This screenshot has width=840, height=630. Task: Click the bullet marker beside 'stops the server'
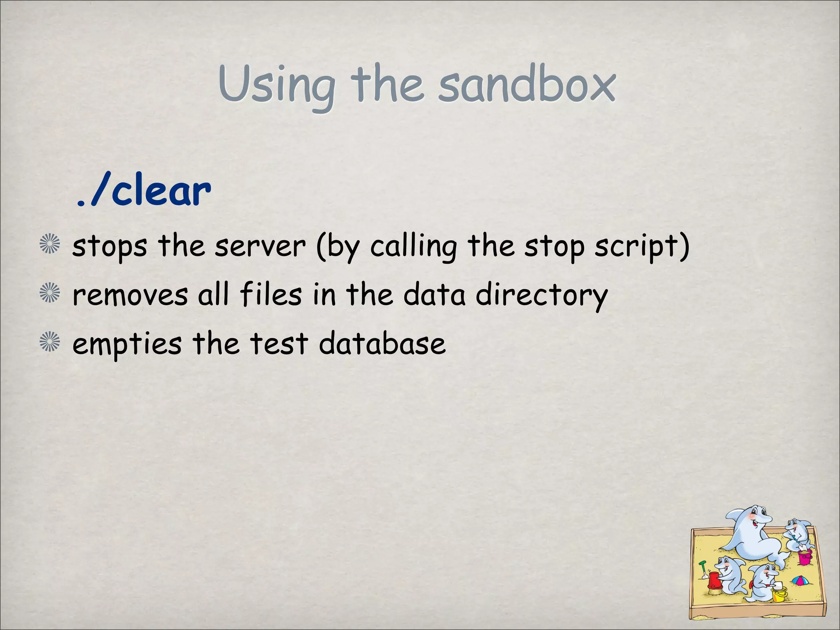[50, 244]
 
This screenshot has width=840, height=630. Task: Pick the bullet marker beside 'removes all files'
[50, 293]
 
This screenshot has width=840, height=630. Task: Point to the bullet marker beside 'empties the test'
[50, 342]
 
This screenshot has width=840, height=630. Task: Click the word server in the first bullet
[260, 246]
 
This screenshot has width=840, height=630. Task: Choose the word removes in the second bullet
[130, 295]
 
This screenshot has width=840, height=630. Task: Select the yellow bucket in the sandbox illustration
[779, 593]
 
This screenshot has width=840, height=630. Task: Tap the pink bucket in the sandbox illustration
[804, 557]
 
